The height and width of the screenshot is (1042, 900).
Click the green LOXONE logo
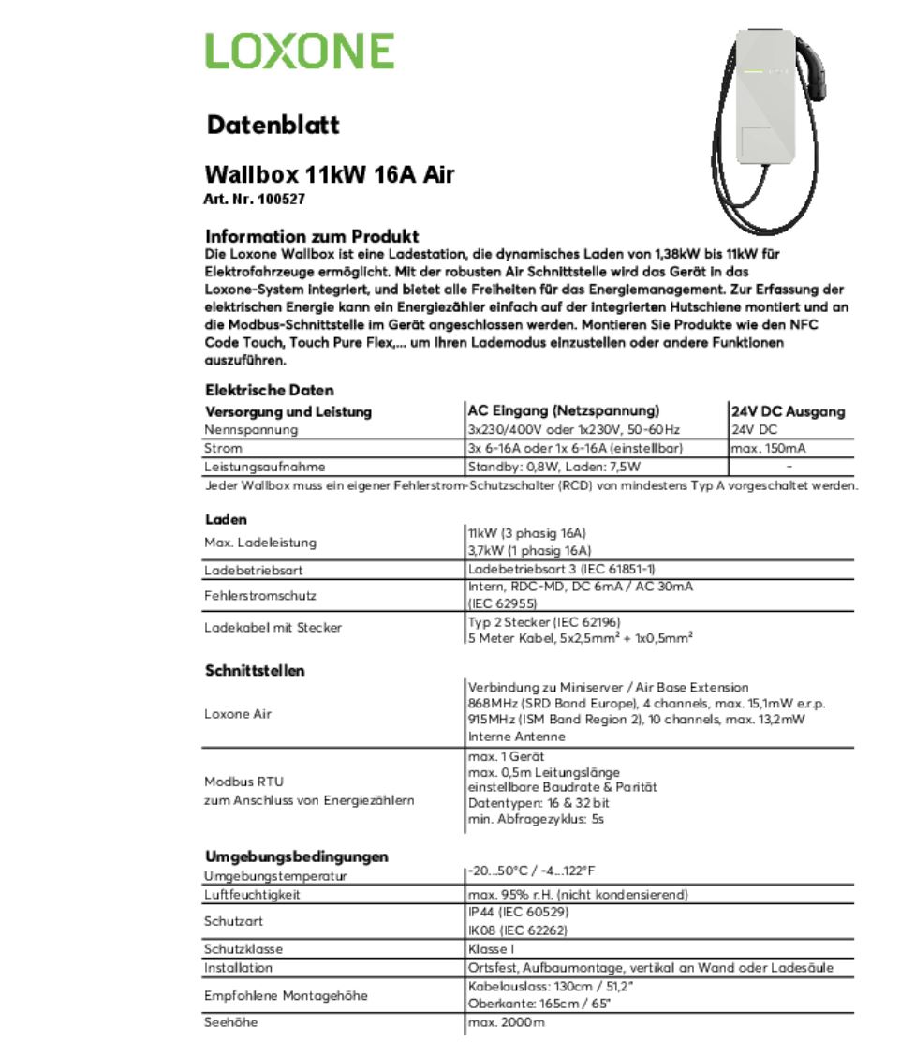300,51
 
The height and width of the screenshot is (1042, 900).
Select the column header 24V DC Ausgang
789,411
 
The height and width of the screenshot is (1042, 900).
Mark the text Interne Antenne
510,737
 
